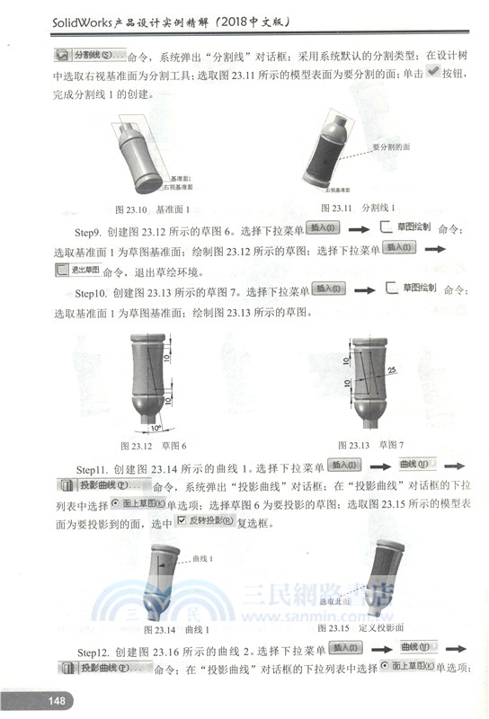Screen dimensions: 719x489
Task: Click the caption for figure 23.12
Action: coord(154,445)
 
